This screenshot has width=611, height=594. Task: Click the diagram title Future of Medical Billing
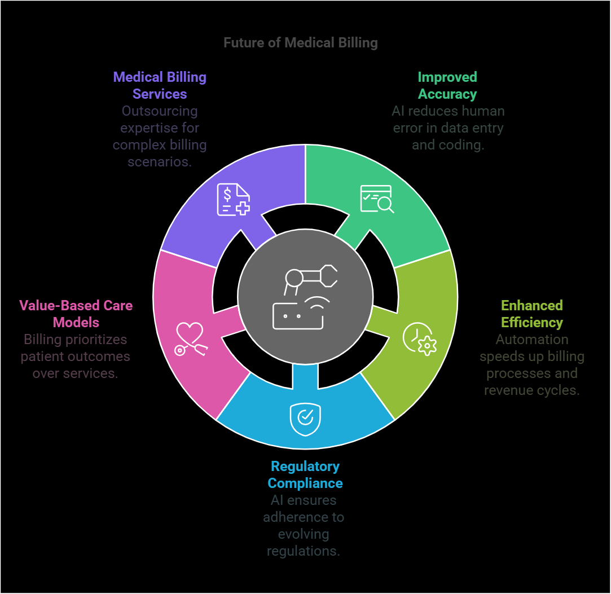300,43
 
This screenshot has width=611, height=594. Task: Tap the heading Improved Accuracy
447,86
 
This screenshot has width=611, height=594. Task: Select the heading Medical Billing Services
160,86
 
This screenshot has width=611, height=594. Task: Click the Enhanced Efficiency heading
531,314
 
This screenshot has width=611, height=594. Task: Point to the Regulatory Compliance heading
305,475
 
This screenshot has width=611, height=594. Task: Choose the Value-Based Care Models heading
76,314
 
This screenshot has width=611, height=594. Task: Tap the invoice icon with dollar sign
233,199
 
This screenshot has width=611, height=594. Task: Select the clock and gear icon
419,339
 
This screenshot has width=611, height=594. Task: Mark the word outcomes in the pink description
102,357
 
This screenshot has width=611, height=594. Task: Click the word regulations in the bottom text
303,551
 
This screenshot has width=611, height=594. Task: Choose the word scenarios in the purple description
160,162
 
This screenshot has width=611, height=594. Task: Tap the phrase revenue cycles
531,390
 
